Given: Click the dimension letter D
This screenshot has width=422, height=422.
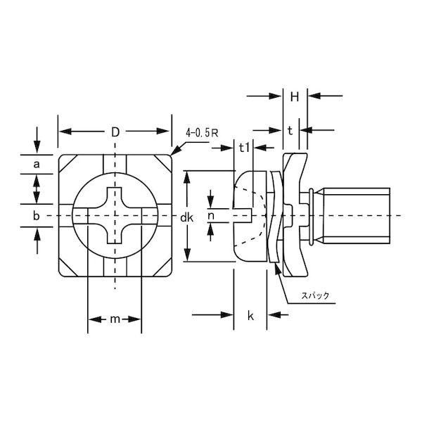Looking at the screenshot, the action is click(x=115, y=132).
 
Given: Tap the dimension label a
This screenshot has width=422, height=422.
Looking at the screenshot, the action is click(x=37, y=164).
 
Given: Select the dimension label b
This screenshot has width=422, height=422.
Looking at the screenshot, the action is click(x=37, y=216).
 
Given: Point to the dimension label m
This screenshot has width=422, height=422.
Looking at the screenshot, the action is click(x=115, y=319).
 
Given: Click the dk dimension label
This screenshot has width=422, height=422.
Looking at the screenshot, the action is click(x=186, y=217).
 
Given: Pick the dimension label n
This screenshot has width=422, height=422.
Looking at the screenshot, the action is click(x=211, y=215).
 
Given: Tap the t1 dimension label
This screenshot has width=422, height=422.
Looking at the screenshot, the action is click(x=244, y=148).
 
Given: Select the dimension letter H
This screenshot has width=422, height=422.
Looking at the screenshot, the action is click(x=295, y=97).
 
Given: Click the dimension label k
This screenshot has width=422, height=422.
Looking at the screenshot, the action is click(x=250, y=316).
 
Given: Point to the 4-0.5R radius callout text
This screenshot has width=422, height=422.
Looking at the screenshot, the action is click(x=202, y=133).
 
